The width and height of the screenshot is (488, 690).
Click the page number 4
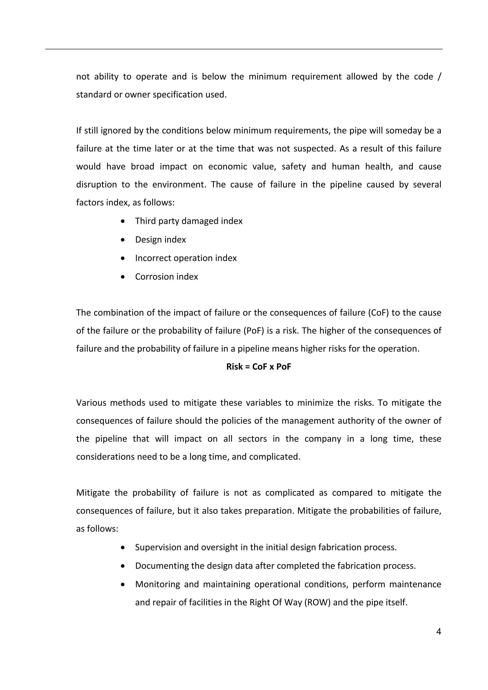point(438,631)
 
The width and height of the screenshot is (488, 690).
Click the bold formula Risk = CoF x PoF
point(259,367)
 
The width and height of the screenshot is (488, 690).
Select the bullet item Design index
point(160,240)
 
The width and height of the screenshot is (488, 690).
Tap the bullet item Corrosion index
point(166,277)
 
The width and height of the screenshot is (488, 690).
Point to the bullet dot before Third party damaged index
point(123,221)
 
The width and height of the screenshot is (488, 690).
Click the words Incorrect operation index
point(186,258)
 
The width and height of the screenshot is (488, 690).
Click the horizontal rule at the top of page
point(244,49)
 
